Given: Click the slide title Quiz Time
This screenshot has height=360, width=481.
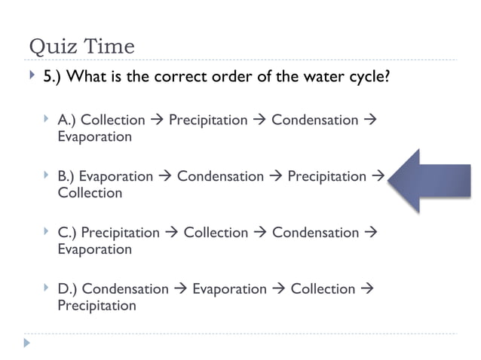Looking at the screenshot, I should pyautogui.click(x=81, y=47).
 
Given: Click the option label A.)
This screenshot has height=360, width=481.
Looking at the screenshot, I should pyautogui.click(x=67, y=121).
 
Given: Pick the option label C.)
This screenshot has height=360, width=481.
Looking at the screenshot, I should pyautogui.click(x=67, y=233).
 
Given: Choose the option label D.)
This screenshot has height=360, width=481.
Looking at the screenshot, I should pyautogui.click(x=68, y=289).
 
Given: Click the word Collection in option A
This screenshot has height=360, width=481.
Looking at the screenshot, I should pyautogui.click(x=112, y=121).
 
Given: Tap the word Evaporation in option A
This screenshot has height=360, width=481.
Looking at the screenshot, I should pyautogui.click(x=94, y=137).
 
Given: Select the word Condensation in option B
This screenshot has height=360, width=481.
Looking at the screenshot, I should pyautogui.click(x=220, y=176).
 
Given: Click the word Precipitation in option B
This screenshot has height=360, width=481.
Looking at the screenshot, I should pyautogui.click(x=326, y=176).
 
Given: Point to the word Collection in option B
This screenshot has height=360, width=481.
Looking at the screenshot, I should pyautogui.click(x=90, y=194).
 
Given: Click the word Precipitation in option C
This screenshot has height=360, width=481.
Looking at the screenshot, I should pyautogui.click(x=120, y=233).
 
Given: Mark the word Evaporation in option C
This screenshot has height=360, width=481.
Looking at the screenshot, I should pyautogui.click(x=94, y=249).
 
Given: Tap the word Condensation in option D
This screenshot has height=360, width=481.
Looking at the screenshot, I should pyautogui.click(x=125, y=289).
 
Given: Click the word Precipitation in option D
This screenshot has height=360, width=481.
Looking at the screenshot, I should pyautogui.click(x=97, y=306).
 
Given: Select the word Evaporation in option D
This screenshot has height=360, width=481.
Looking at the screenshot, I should pyautogui.click(x=229, y=289).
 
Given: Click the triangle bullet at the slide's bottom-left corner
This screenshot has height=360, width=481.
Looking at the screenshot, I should pyautogui.click(x=28, y=343).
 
